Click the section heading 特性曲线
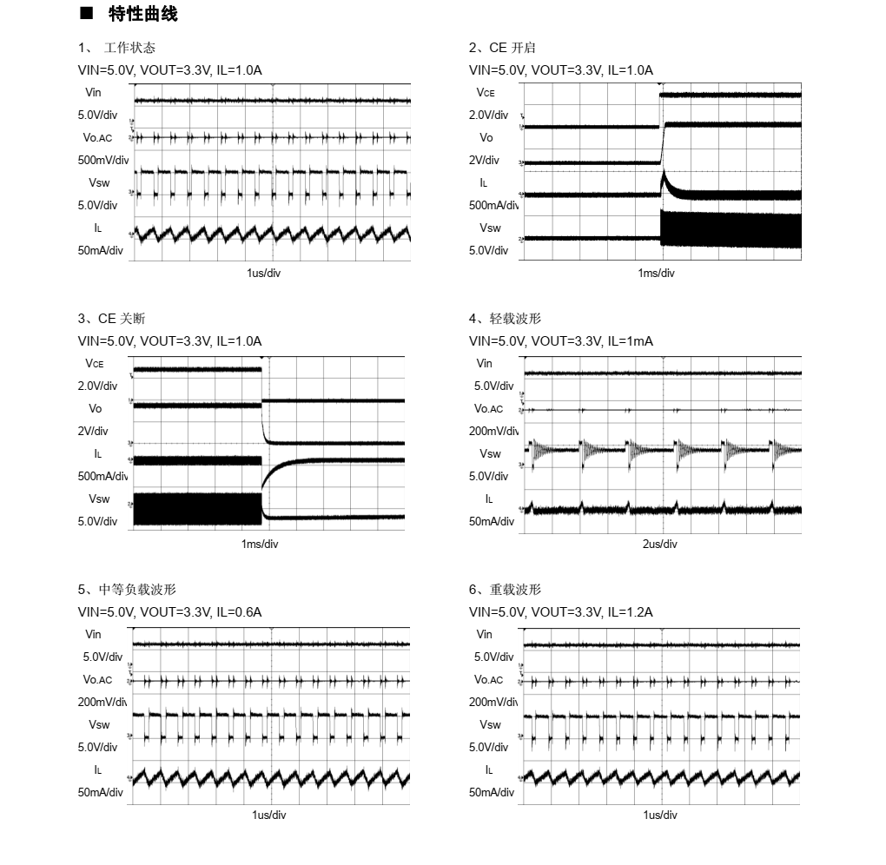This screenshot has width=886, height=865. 142,14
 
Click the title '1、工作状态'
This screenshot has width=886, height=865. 117,48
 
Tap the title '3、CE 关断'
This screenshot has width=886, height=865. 111,319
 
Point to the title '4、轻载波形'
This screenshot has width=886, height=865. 505,319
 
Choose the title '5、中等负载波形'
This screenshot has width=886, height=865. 127,590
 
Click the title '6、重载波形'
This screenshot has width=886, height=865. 505,590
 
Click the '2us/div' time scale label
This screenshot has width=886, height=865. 660,545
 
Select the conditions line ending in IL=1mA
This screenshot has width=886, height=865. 561,341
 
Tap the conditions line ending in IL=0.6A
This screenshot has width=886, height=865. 170,612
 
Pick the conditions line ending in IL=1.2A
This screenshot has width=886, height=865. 561,612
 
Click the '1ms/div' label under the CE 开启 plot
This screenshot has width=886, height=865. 656,274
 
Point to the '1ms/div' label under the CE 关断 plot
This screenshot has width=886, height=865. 260,545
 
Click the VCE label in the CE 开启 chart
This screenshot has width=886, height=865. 486,92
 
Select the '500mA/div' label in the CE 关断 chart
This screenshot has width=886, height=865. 102,477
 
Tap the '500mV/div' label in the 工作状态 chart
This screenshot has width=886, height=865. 102,161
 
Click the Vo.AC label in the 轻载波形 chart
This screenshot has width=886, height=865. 488,409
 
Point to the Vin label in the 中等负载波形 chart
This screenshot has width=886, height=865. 93,635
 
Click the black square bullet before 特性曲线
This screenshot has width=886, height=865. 85,14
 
